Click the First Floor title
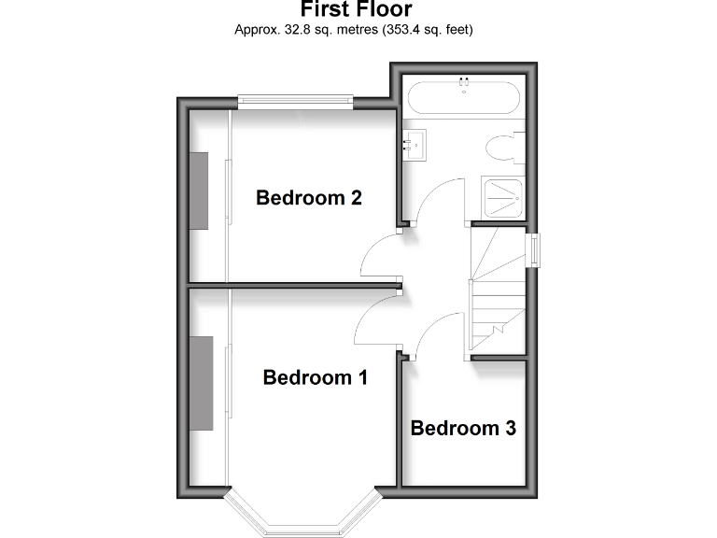point(355,10)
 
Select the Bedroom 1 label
point(315,377)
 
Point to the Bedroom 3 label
point(463,428)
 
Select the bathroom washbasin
point(415,144)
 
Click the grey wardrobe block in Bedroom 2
point(200,190)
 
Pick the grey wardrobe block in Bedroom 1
point(202,383)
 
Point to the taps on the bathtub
point(462,84)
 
